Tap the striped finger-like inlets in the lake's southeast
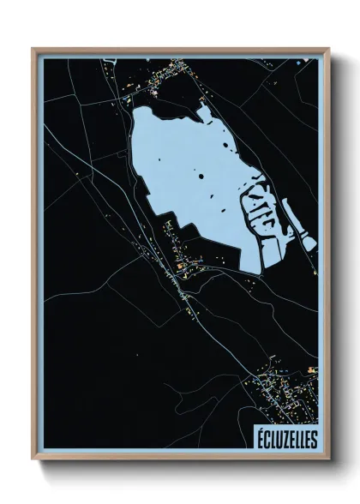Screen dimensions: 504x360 (263, 210)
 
